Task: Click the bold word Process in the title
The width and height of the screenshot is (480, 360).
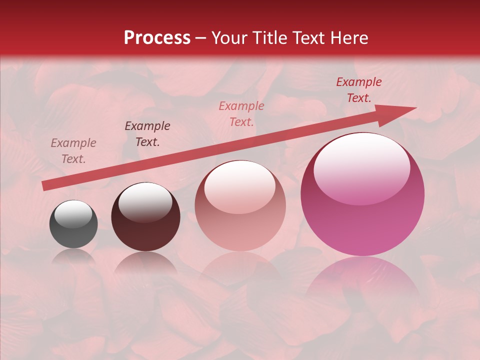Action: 157,38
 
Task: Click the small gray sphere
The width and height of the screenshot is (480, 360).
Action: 73,224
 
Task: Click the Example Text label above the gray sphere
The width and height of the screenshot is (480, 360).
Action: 73,151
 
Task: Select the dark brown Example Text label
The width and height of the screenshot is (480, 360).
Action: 147,134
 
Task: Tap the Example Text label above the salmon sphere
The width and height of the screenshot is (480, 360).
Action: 241,113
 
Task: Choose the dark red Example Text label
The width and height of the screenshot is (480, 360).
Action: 358,90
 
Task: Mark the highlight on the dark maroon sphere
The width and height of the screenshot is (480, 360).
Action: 145,201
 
